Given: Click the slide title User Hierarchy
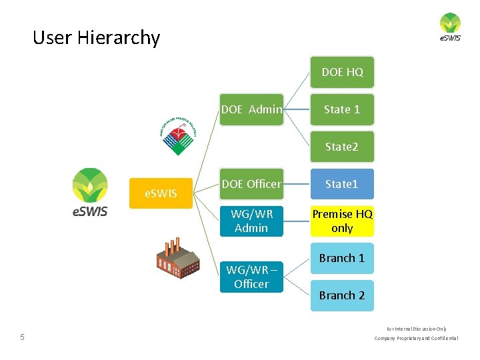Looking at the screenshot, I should (97, 37).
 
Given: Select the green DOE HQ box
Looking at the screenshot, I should (342, 72).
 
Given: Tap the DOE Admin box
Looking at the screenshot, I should (251, 109).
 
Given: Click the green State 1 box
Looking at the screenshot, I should (342, 109).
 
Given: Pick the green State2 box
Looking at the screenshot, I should (342, 147).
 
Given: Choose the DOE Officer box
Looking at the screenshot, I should (251, 184).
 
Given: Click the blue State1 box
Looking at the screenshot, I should (342, 184).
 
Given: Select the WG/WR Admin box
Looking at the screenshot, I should (251, 221).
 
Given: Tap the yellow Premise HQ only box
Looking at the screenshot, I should (342, 221).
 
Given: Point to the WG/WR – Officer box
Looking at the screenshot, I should (251, 277).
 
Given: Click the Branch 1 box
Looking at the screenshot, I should (342, 258).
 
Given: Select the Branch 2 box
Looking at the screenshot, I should (342, 295).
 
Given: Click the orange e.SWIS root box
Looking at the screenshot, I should (161, 194).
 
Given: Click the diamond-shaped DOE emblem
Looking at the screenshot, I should (177, 136).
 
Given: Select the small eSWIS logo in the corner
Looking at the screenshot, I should (450, 27).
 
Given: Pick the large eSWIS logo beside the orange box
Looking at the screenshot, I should (90, 193).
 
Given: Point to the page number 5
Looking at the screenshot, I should (22, 337).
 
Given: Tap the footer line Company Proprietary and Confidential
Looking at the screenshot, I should (416, 339).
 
